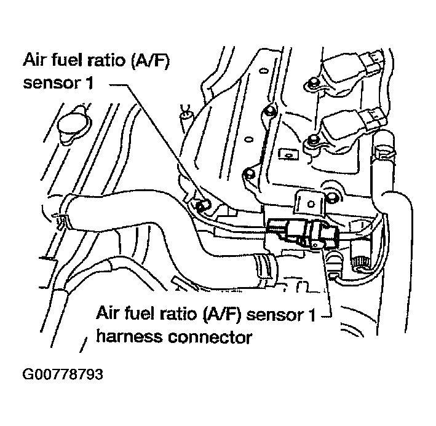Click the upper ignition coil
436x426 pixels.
point(345,68)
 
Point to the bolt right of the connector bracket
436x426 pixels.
point(333,197)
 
